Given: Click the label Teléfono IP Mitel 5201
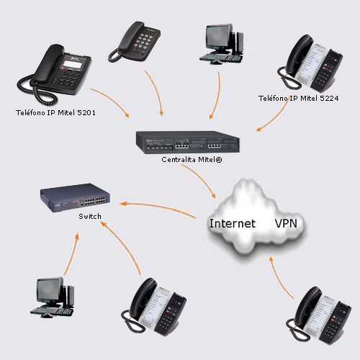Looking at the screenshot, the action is tap(55, 112).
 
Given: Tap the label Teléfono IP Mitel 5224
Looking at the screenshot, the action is tap(298, 98).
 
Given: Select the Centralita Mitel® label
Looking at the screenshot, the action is tap(192, 160).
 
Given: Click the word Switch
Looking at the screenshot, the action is tap(90, 217).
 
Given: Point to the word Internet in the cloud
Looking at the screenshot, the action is tap(233, 223).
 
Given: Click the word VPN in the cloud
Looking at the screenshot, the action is tap(286, 223).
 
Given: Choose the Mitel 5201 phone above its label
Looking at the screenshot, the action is tap(55, 75).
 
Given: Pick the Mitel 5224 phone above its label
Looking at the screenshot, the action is tap(310, 62).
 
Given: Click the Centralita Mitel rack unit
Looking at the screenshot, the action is tap(188, 142).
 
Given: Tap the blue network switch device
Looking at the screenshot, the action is tap(75, 198).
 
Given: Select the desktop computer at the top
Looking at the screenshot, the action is tap(222, 44).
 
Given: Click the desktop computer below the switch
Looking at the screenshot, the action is tap(53, 297).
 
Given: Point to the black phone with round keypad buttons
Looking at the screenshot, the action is tap(135, 42).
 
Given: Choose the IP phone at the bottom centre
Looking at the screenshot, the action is tap(154, 306).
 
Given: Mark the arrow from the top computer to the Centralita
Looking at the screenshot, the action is tap(218, 95).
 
